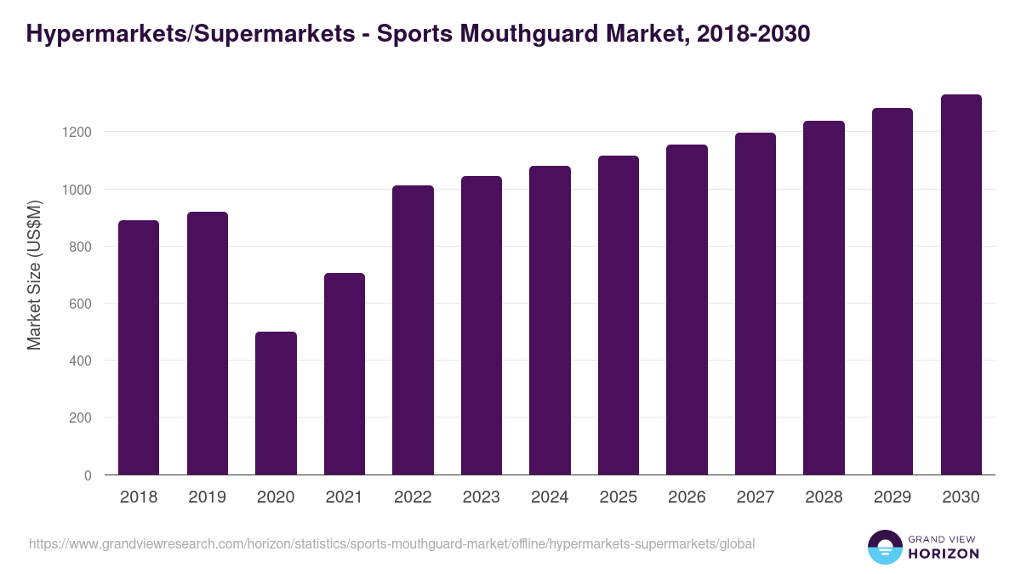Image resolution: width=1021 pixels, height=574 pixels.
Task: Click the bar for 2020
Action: pyautogui.click(x=276, y=403)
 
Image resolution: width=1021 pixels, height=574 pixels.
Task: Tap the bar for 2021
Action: pyautogui.click(x=345, y=374)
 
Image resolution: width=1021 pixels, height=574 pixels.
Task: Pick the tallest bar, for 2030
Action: pyautogui.click(x=961, y=285)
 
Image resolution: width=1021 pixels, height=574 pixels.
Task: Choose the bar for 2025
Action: pyautogui.click(x=619, y=315)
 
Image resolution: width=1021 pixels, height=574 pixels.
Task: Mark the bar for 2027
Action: pyautogui.click(x=756, y=304)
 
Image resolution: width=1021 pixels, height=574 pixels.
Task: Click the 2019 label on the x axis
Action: pyautogui.click(x=208, y=497)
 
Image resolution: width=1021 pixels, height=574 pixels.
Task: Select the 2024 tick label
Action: pyautogui.click(x=550, y=497)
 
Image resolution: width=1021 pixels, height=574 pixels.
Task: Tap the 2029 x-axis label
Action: pyautogui.click(x=893, y=497)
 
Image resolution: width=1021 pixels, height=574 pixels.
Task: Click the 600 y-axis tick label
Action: pyautogui.click(x=80, y=304)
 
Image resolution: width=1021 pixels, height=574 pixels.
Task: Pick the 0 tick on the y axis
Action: pyautogui.click(x=88, y=475)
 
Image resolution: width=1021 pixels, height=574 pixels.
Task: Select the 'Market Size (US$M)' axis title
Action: pyautogui.click(x=34, y=276)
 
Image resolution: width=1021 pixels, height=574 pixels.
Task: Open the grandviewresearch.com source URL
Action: pyautogui.click(x=391, y=543)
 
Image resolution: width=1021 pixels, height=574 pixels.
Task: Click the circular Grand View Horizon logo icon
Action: pyautogui.click(x=884, y=547)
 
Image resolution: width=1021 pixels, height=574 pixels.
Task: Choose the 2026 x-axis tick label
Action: pyautogui.click(x=687, y=497)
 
